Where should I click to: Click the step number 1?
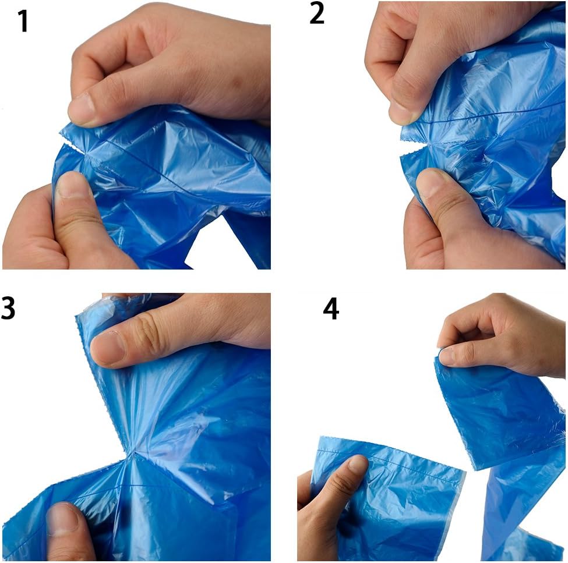tap(23, 21)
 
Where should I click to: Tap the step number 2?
tap(316, 13)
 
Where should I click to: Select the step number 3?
tap(8, 308)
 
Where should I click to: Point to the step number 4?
tap(331, 309)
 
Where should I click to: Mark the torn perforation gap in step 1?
tap(72, 143)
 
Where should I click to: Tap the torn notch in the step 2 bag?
tap(413, 148)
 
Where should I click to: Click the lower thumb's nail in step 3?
tap(62, 519)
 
